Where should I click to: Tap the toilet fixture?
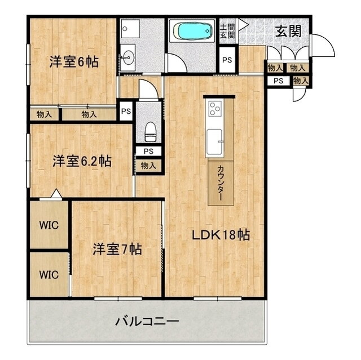click(x=149, y=131)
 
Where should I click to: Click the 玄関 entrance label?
click(x=288, y=31)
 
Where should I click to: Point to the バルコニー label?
click(x=147, y=322)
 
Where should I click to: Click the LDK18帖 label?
click(x=221, y=234)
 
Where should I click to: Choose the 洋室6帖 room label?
click(x=73, y=61)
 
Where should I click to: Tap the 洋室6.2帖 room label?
click(x=82, y=161)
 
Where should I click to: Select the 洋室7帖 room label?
click(x=117, y=248)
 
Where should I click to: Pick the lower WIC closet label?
click(x=49, y=275)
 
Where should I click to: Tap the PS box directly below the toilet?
click(x=148, y=151)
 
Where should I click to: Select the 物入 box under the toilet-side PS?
click(x=148, y=166)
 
